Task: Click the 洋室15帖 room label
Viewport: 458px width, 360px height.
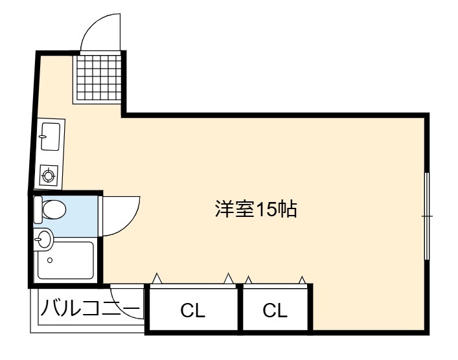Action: (x=256, y=208)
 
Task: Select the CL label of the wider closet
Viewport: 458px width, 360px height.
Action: (x=192, y=310)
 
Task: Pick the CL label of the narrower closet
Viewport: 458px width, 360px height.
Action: (x=275, y=310)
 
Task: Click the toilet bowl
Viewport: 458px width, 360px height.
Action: (x=54, y=209)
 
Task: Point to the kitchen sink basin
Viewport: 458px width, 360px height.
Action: (x=51, y=137)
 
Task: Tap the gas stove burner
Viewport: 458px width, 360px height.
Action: (x=48, y=175)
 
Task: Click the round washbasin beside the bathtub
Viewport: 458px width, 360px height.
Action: (x=43, y=239)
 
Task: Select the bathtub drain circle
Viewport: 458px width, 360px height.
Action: (x=50, y=260)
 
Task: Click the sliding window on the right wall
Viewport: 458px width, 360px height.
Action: (x=427, y=216)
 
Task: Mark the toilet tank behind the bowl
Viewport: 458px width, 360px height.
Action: (x=38, y=210)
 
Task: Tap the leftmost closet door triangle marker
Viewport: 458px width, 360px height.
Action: (x=157, y=278)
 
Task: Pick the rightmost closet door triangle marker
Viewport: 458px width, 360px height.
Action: (x=303, y=280)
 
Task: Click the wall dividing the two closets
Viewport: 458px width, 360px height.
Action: (x=240, y=308)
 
